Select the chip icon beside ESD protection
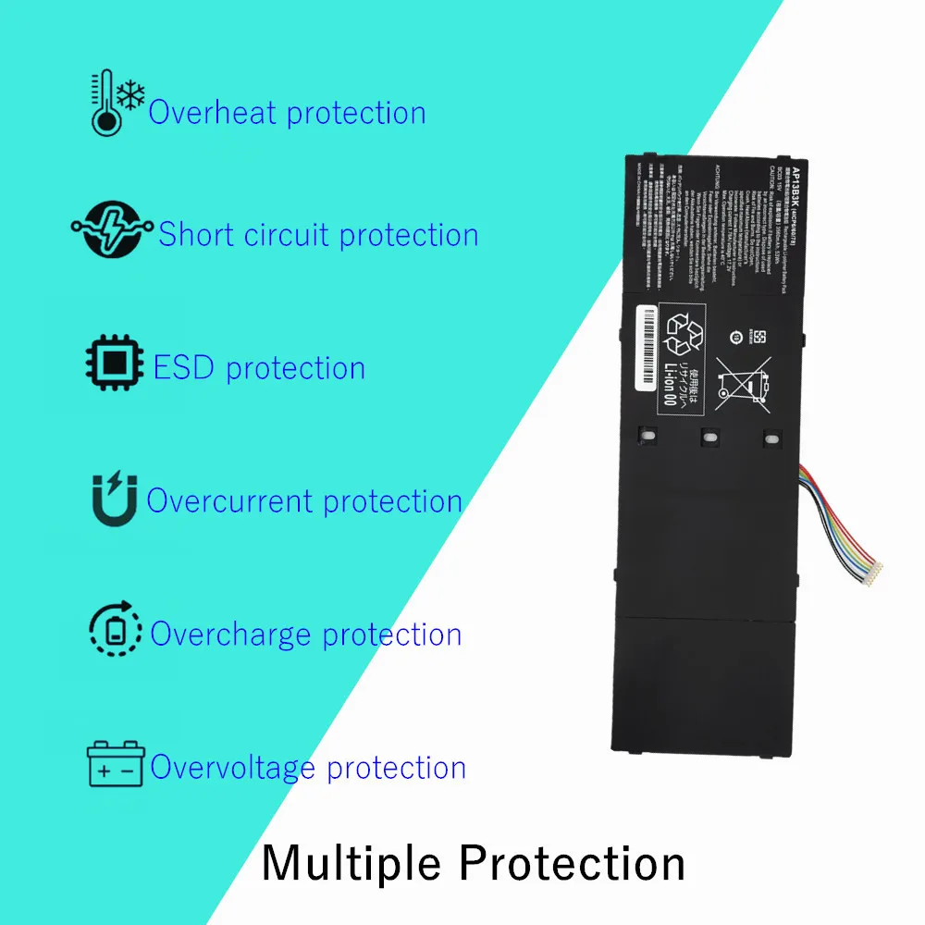[x=116, y=365]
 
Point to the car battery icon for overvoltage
[x=116, y=764]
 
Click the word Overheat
[x=214, y=113]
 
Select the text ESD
[x=185, y=367]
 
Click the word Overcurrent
[x=230, y=501]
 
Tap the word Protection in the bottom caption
[x=573, y=862]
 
